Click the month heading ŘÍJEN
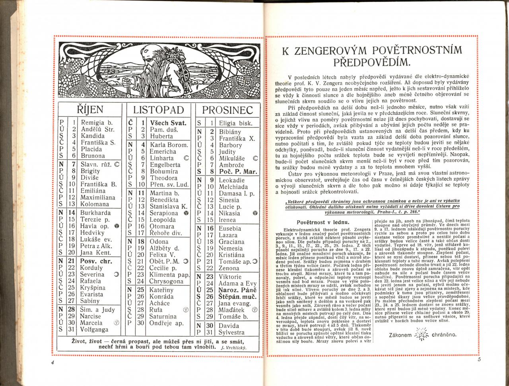click(89, 110)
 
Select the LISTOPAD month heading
click(158, 110)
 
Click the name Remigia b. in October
click(97, 122)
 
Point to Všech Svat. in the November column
click(168, 122)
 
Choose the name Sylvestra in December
click(232, 332)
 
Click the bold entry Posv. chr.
click(96, 261)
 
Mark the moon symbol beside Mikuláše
click(255, 158)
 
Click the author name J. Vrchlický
click(234, 348)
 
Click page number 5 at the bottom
click(479, 360)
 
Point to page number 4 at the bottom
click(52, 362)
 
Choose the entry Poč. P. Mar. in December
click(238, 172)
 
